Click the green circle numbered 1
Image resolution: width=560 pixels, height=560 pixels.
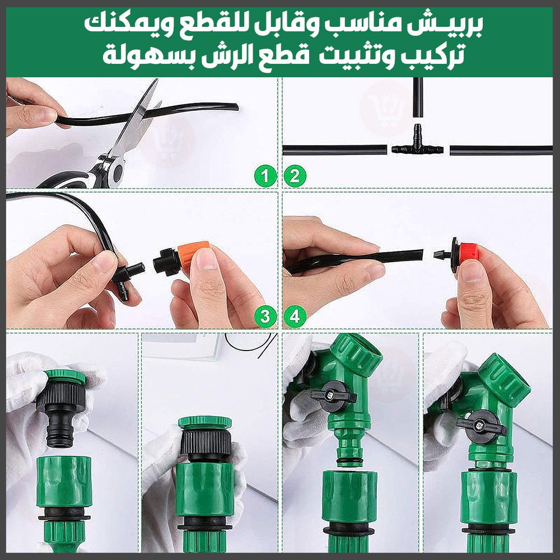click(x=265, y=176)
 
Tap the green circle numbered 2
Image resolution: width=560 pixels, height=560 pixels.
click(x=295, y=176)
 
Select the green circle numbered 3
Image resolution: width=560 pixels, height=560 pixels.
click(x=265, y=316)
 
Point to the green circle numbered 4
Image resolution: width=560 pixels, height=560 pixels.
click(x=295, y=316)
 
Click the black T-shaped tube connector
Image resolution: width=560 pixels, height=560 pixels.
click(x=417, y=144)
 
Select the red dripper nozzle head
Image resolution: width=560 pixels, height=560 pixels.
click(x=469, y=255)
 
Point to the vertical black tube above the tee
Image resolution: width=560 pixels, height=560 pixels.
click(x=418, y=97)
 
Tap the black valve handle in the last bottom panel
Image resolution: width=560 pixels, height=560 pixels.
click(x=482, y=426)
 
